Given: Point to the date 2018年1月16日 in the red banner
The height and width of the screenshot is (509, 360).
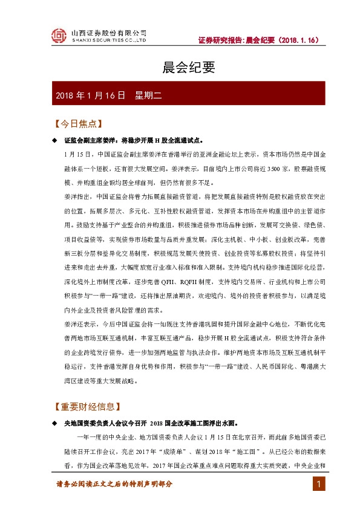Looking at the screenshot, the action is (x=90, y=96).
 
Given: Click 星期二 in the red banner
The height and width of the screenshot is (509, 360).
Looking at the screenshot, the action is (x=146, y=96).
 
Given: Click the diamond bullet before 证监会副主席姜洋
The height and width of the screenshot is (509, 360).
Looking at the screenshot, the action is (x=55, y=140).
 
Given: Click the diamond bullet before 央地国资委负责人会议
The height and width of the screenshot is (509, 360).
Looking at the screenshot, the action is (x=55, y=423).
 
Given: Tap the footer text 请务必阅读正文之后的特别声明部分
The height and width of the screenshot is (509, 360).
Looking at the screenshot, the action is (x=115, y=484).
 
